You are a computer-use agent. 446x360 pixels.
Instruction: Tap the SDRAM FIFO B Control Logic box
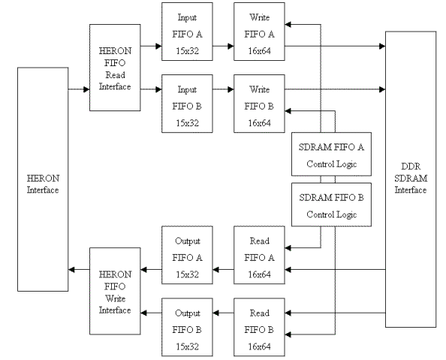(327, 205)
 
